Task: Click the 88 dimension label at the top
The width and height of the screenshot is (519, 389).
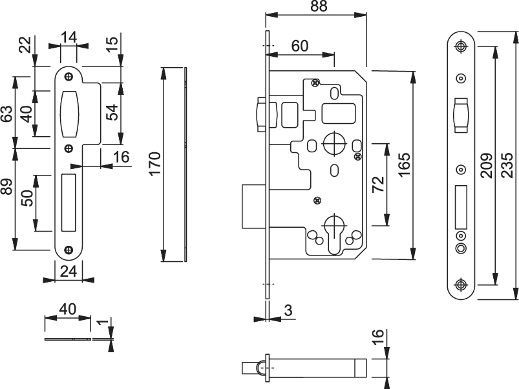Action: [x=319, y=6]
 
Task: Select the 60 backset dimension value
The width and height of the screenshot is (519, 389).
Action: [x=300, y=46]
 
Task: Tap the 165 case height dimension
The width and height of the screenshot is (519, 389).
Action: [x=404, y=165]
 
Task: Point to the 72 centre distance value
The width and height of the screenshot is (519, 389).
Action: [x=378, y=184]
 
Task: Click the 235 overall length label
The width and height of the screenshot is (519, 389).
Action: [x=507, y=165]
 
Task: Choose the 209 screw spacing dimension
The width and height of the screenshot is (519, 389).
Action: [x=487, y=165]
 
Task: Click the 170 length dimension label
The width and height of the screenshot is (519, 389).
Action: [x=154, y=164]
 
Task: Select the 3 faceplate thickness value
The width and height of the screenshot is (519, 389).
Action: [x=288, y=311]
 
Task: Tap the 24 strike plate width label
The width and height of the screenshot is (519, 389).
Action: [x=69, y=272]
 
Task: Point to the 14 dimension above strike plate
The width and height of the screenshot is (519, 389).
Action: [x=69, y=37]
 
